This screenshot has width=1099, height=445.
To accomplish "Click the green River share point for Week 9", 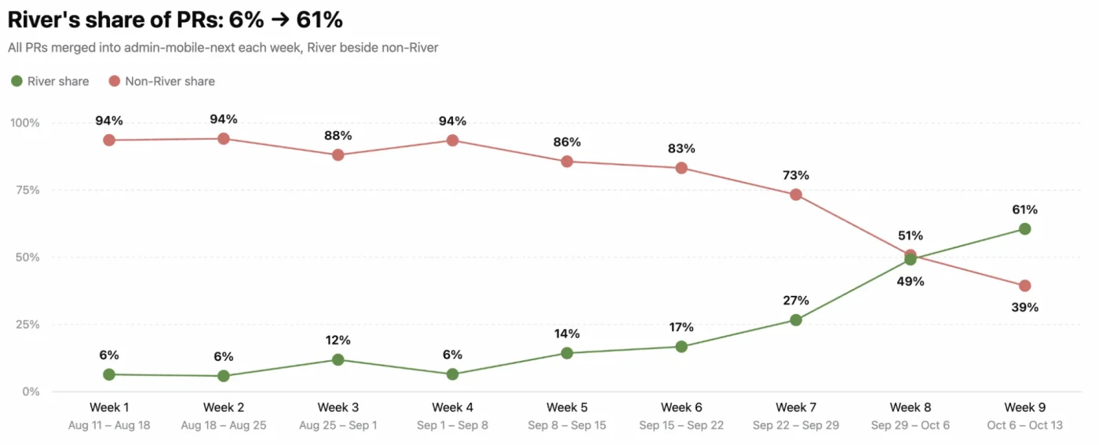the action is click(1024, 228).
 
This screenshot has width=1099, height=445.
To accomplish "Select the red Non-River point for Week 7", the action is click(796, 195).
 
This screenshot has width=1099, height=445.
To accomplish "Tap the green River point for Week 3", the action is click(338, 359).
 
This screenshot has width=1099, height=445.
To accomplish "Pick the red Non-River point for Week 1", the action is click(109, 140).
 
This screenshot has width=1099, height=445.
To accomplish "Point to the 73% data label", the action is click(796, 175).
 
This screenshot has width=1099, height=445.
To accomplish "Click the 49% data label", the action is click(910, 281).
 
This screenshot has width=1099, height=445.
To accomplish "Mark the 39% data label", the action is click(1024, 307).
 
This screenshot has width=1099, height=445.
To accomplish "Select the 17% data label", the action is click(681, 326).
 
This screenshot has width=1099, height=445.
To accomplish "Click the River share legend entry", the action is click(50, 81).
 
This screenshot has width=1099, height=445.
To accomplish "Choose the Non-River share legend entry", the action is click(162, 81).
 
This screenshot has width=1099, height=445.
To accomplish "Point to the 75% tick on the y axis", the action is click(27, 190).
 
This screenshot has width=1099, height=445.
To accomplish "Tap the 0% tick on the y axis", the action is click(31, 392).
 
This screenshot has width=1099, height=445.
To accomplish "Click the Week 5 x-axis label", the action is click(567, 407).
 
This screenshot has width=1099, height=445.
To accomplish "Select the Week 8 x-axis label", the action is click(910, 407).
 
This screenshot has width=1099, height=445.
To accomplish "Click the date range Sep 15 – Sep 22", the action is click(681, 425).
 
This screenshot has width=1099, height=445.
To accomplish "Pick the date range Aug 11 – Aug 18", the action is click(109, 425).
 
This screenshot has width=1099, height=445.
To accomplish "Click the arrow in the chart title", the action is click(279, 20).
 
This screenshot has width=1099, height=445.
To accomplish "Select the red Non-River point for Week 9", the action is click(1024, 286).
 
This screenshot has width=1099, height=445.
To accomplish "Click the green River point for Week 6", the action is click(681, 347).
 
